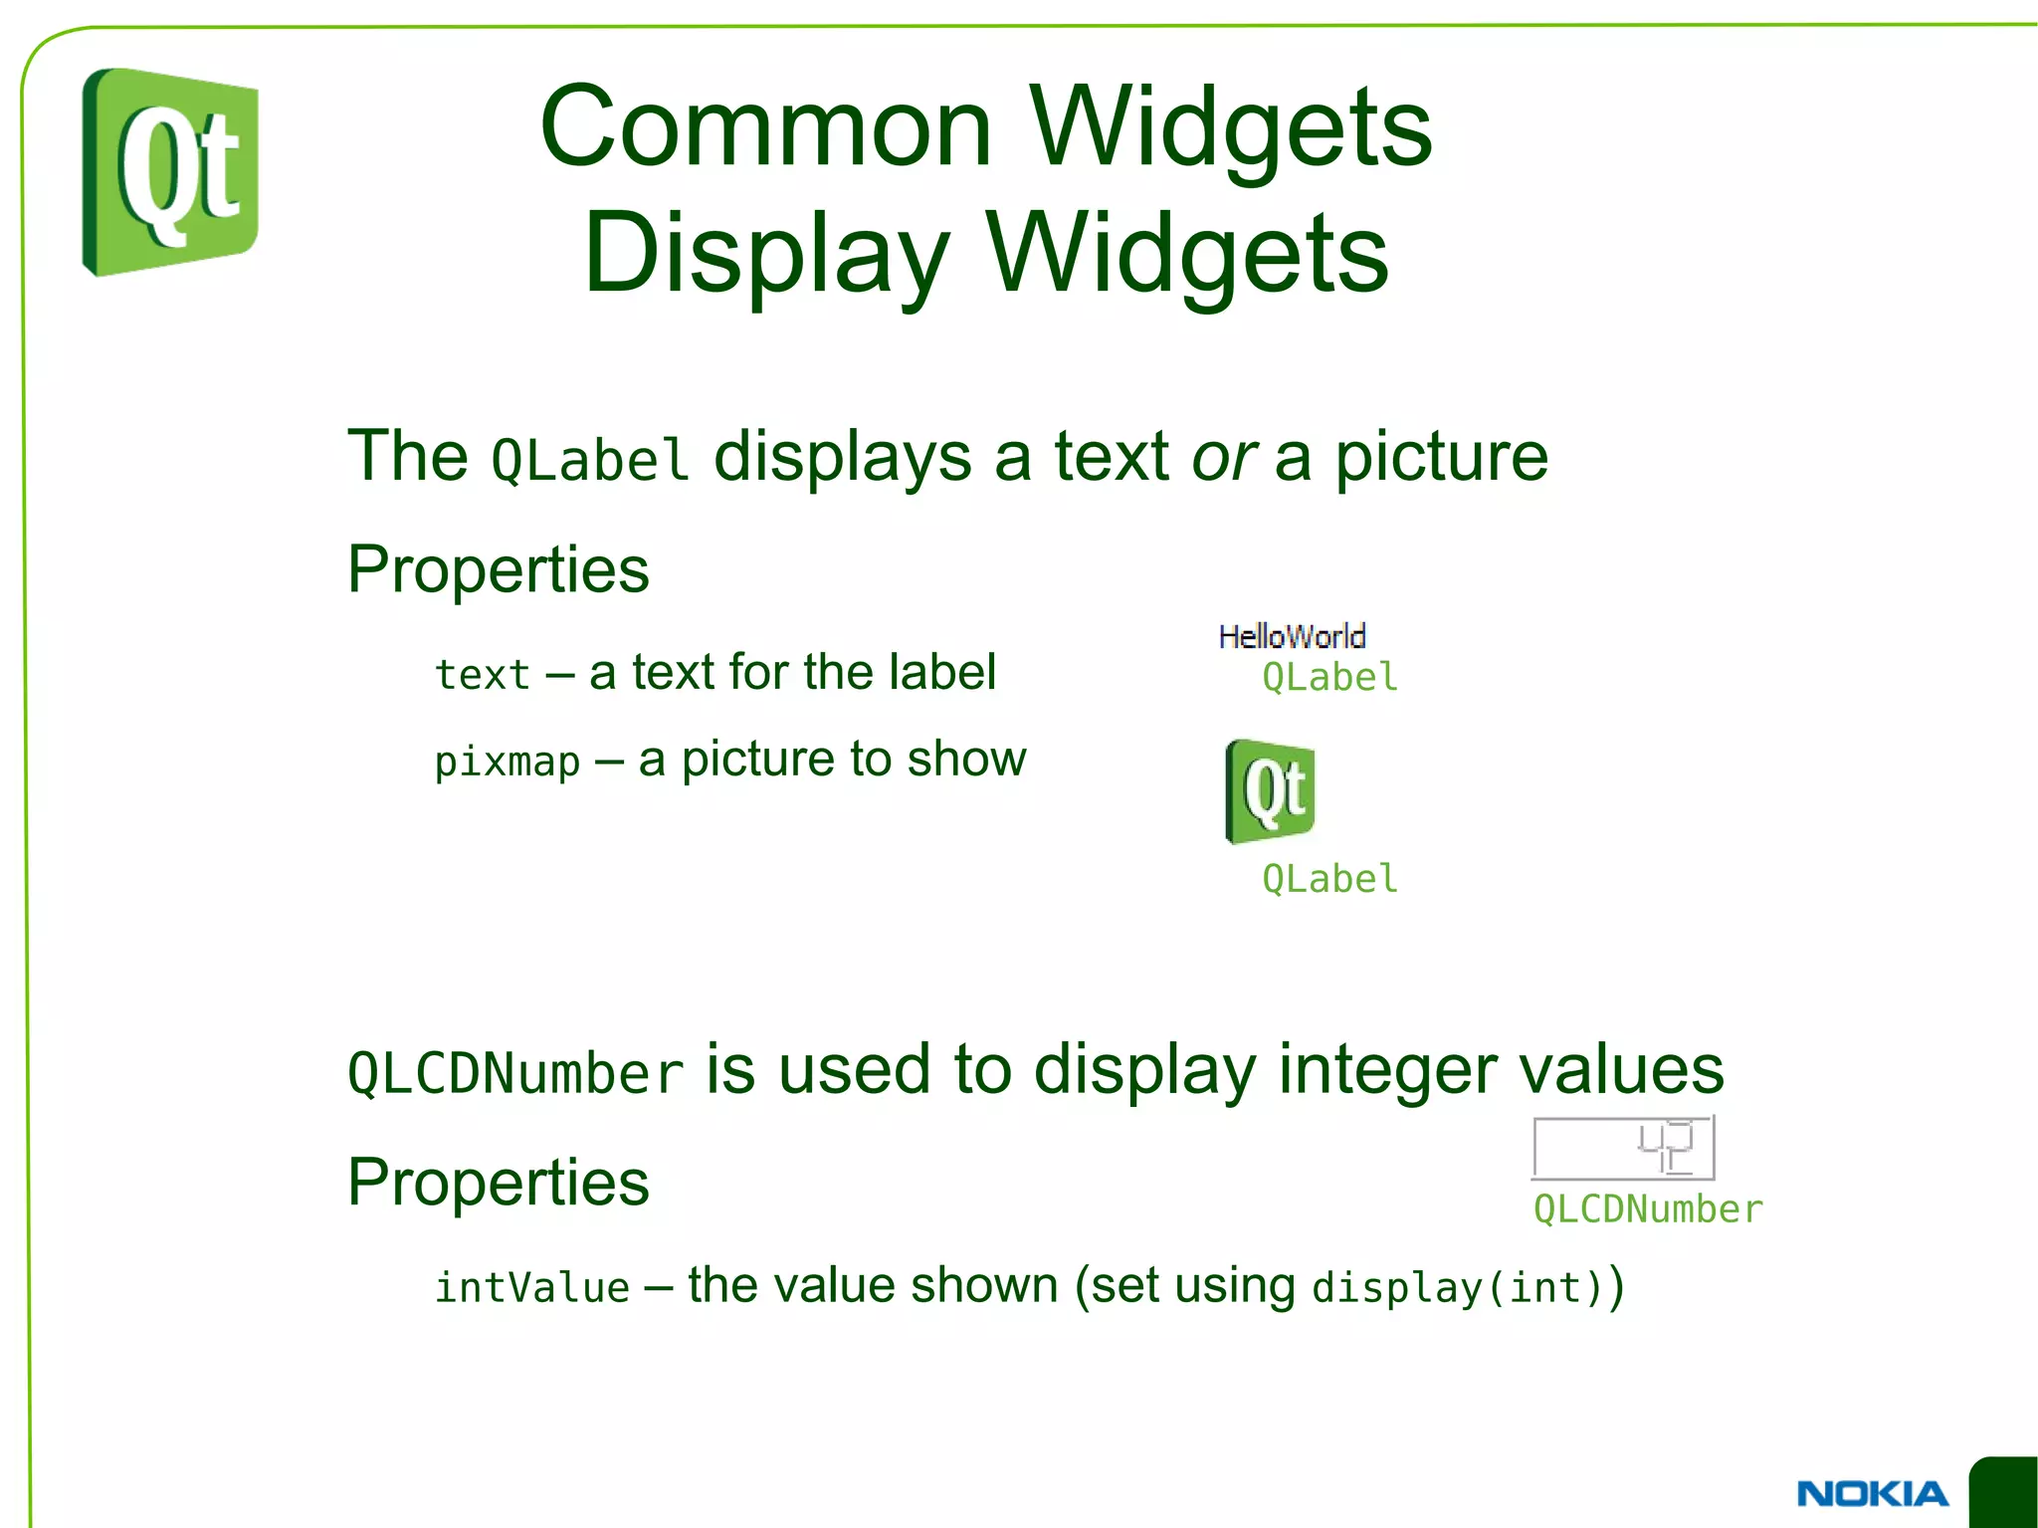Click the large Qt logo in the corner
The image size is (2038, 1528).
tap(170, 171)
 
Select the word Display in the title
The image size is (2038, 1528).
tap(765, 254)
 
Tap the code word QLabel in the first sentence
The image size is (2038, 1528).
tap(590, 461)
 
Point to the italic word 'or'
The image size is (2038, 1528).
tap(1223, 459)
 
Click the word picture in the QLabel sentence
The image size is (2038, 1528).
tap(1441, 459)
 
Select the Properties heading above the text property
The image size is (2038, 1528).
tap(498, 570)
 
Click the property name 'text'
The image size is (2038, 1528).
tap(483, 676)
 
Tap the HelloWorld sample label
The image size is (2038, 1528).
tap(1292, 636)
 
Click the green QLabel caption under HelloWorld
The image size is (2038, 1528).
tap(1329, 678)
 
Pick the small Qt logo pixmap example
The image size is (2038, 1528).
tap(1270, 791)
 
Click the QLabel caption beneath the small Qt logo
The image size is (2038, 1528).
tap(1329, 879)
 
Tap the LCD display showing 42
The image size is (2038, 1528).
tap(1623, 1148)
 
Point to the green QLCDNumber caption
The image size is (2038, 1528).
tap(1648, 1209)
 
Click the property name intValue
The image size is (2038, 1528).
tap(532, 1288)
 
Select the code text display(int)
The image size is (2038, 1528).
tap(1457, 1288)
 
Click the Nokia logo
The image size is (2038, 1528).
tap(1872, 1493)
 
